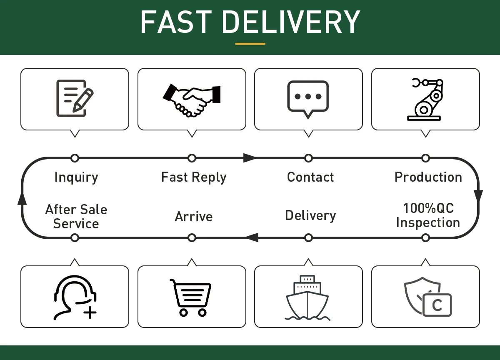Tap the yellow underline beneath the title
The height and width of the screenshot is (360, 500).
[x=250, y=43]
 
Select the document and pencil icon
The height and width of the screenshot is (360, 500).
[x=75, y=98]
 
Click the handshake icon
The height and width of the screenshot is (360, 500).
[x=192, y=99]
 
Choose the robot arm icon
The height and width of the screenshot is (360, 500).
[x=425, y=99]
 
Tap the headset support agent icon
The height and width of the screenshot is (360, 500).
[x=75, y=297]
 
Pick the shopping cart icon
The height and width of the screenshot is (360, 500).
[x=191, y=297]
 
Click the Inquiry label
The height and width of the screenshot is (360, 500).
[x=76, y=177]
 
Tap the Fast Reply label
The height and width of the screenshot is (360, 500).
[x=194, y=177]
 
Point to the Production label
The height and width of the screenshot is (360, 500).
[x=428, y=177]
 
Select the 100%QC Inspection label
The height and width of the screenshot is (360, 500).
[x=428, y=215]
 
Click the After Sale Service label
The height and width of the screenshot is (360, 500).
[x=76, y=216]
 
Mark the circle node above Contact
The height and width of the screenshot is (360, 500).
[x=308, y=158]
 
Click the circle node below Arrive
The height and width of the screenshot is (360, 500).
[x=192, y=237]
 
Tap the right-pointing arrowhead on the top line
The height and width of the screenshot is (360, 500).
[x=250, y=158]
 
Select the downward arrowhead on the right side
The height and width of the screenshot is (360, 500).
[x=478, y=195]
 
